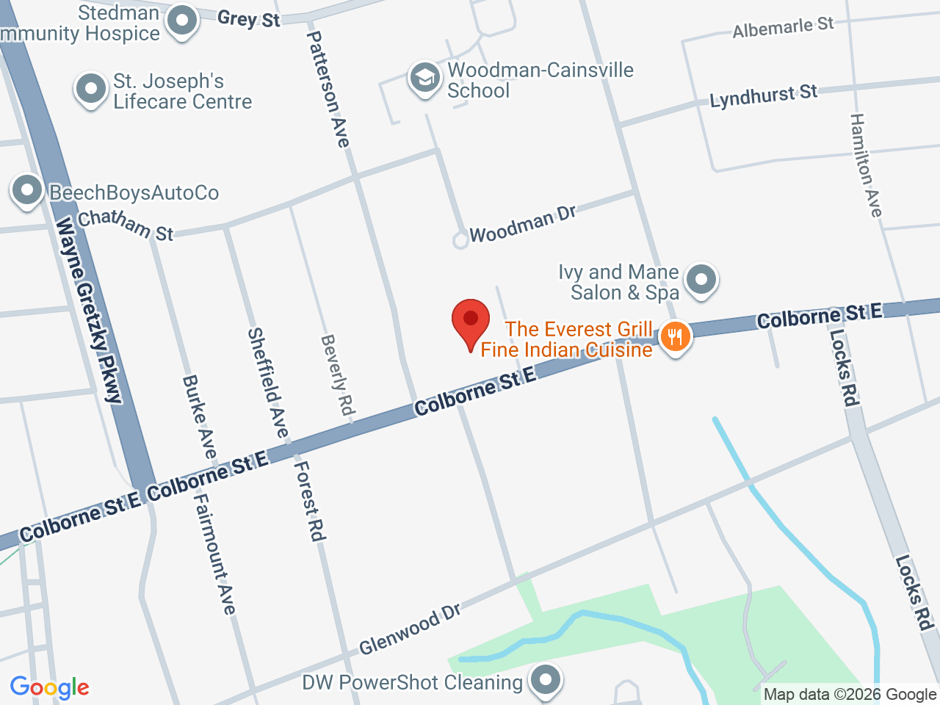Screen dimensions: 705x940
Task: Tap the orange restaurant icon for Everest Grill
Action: pos(674,337)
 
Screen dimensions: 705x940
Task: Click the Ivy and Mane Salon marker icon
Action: pos(701,280)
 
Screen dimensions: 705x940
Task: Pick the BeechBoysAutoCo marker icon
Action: pos(27,191)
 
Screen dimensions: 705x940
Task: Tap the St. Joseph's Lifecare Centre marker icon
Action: pos(91,90)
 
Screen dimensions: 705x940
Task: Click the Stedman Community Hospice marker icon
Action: pos(181,21)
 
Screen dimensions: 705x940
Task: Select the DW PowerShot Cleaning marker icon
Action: pos(546,679)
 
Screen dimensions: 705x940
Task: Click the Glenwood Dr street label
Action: pos(409,630)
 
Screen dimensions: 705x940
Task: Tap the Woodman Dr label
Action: pos(522,223)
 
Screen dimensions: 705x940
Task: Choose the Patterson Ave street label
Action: pos(328,88)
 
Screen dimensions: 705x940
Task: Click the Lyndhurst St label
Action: pos(763,96)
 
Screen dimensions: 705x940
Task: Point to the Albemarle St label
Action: pos(783,28)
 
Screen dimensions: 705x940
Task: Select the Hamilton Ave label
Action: pos(866,164)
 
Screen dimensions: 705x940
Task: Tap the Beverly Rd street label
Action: pos(337,375)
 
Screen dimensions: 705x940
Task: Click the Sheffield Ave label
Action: pos(268,382)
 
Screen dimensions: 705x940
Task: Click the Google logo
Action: pos(49,687)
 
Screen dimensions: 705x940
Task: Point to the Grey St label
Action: pos(249,18)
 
